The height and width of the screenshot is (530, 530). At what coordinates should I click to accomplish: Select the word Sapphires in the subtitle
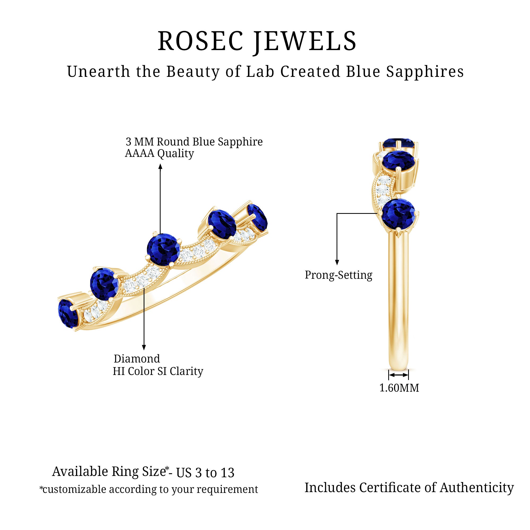coord(425,72)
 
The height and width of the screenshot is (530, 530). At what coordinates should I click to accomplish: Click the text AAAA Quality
coord(159,153)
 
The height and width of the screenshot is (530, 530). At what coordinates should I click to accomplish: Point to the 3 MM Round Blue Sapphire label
coord(194,142)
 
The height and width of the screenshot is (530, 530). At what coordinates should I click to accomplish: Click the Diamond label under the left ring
coord(137,359)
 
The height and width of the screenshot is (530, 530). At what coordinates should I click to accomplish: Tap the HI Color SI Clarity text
coord(158,371)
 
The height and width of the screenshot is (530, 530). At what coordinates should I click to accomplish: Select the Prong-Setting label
coord(338,275)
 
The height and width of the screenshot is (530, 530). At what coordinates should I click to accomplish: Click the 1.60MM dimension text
coord(399,388)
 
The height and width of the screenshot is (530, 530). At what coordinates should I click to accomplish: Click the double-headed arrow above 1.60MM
coord(399,375)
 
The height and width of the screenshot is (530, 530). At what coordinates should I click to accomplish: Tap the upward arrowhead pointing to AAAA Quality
coord(161,166)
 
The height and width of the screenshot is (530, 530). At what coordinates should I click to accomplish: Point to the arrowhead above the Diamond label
coord(144,347)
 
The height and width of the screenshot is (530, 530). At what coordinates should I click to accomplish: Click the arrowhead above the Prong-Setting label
coord(337,262)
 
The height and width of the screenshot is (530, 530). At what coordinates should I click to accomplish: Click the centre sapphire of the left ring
coord(164,249)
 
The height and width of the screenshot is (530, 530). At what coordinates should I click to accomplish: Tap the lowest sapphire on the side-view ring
coord(398,214)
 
